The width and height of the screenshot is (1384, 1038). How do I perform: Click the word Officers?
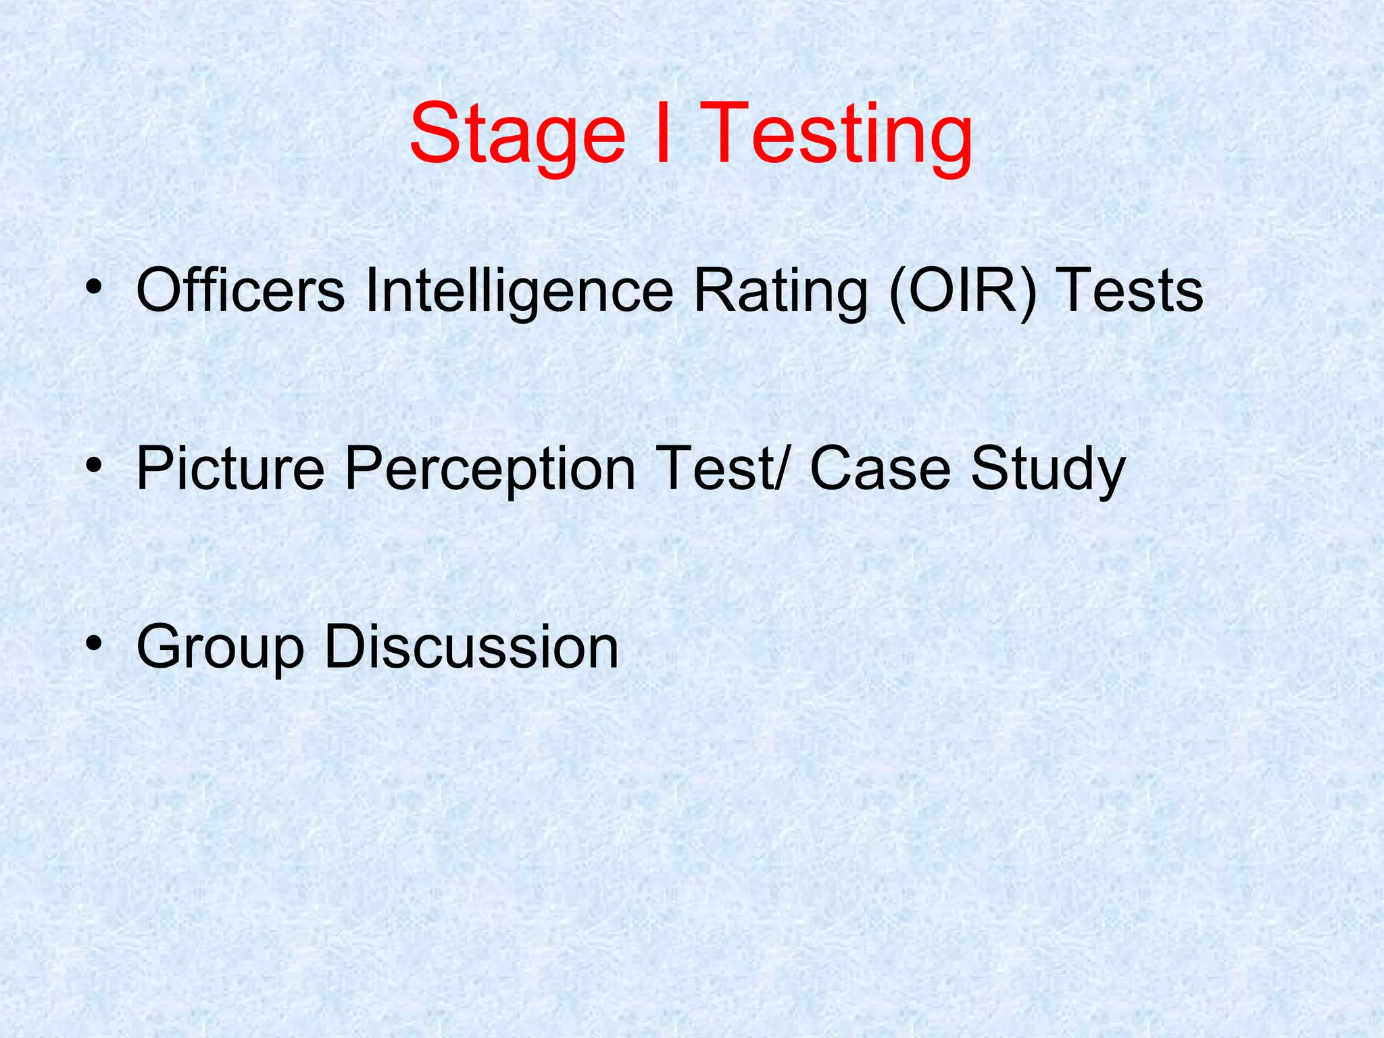pos(241,290)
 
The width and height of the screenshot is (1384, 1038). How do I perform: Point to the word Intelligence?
pos(519,291)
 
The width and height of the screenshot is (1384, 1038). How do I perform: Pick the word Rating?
pos(780,291)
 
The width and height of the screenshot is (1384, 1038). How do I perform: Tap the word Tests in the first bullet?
pos(1132,290)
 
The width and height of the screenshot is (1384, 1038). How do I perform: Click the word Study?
pos(1048,470)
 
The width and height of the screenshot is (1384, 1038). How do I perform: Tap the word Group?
pos(220,647)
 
